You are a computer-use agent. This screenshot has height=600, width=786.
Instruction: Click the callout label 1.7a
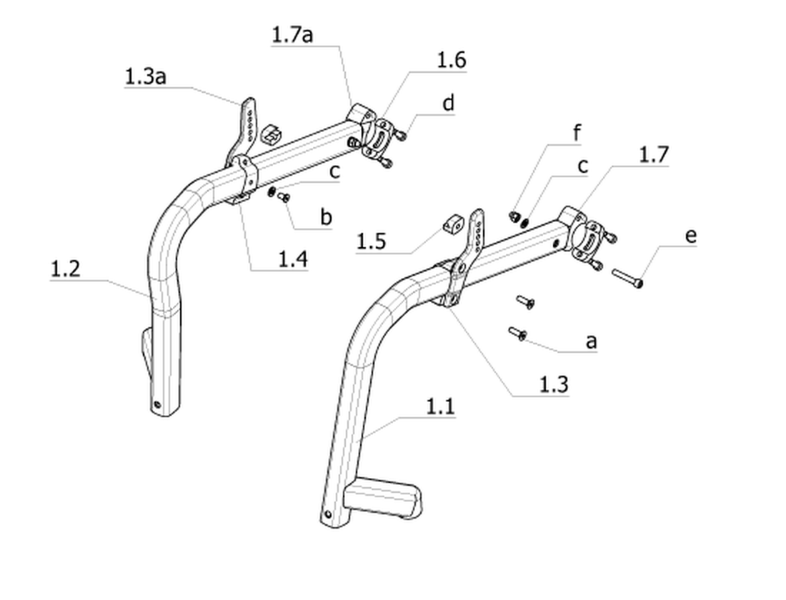click(x=292, y=34)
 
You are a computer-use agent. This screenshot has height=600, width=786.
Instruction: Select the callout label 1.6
click(x=451, y=60)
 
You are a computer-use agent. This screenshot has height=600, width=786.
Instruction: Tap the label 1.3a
click(x=145, y=76)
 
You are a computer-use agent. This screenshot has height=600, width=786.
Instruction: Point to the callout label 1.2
click(x=65, y=269)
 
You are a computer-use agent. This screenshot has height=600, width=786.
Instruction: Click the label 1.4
click(x=293, y=259)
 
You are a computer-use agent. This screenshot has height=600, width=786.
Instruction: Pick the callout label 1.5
click(x=371, y=241)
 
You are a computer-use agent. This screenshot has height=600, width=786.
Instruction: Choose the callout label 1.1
click(x=440, y=406)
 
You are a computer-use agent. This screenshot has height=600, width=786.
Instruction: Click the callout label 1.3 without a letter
click(x=554, y=384)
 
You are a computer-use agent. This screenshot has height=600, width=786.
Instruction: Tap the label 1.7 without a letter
click(x=654, y=154)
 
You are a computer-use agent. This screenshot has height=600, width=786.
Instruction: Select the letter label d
click(x=449, y=103)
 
